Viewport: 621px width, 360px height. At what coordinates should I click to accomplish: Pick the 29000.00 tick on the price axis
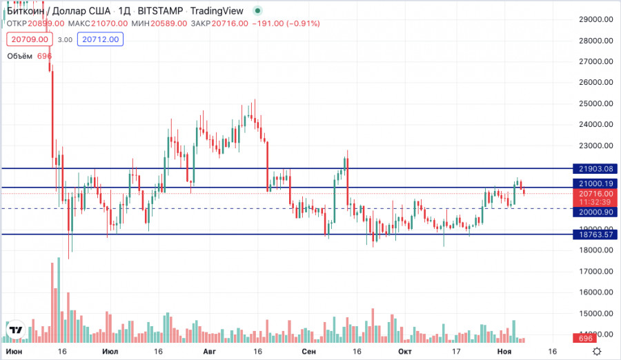[x=595, y=20]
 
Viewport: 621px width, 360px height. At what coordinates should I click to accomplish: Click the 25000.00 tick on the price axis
[x=595, y=104]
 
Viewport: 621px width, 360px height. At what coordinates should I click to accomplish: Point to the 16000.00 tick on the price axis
[x=595, y=292]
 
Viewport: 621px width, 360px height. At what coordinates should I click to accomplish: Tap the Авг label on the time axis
[x=210, y=352]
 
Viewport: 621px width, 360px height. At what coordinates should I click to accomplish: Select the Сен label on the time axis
[x=308, y=352]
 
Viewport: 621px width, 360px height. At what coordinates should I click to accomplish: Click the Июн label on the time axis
[x=13, y=352]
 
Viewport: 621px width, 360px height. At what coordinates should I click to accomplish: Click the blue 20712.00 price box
[x=101, y=40]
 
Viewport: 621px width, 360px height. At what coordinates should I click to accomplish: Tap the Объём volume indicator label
[x=20, y=56]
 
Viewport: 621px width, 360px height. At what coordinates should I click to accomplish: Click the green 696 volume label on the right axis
[x=586, y=339]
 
